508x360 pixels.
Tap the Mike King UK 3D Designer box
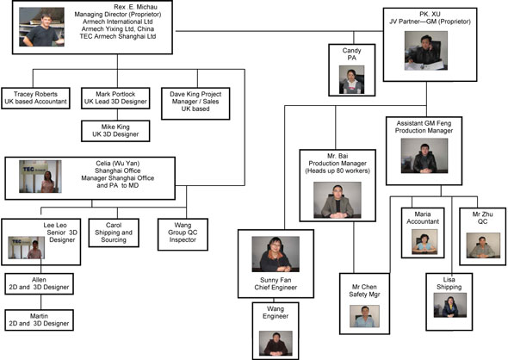tap(116, 131)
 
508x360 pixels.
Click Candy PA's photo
tap(350, 81)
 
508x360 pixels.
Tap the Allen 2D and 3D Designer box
tap(37, 284)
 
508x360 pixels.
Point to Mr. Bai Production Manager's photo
tap(337, 200)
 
